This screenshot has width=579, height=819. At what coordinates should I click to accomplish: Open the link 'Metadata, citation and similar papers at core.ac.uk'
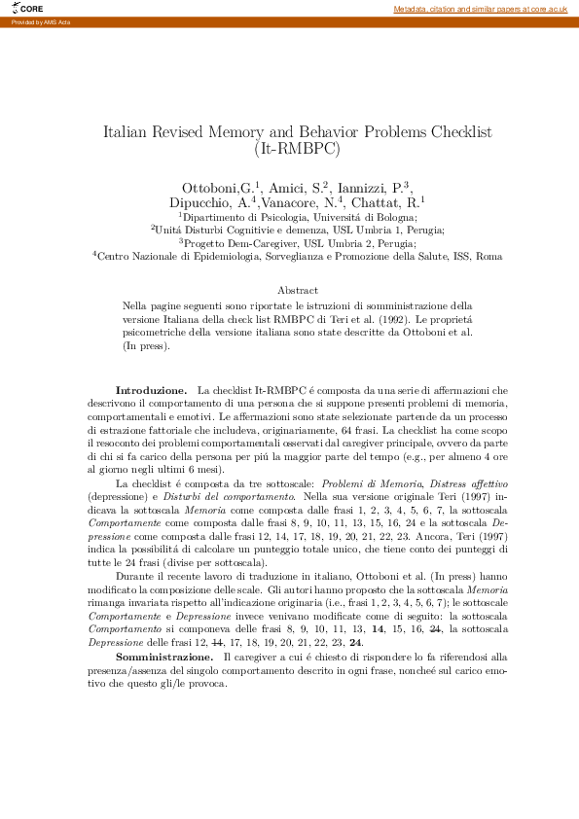point(480,9)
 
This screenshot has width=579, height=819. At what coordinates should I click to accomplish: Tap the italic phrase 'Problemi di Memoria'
point(368,483)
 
